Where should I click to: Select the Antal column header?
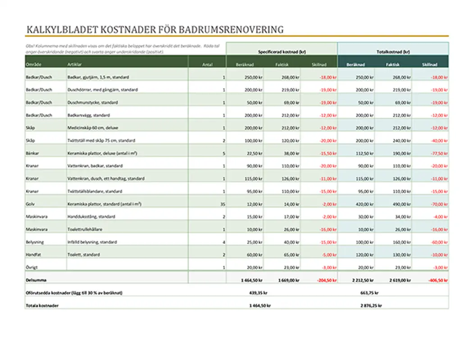click(207, 65)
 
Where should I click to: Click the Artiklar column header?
click(74, 65)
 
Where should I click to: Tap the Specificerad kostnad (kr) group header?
click(281, 52)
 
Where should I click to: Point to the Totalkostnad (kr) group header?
click(393, 52)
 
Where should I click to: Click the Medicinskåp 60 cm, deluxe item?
click(89, 128)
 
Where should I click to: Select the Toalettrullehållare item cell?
click(84, 229)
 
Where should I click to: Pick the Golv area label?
click(30, 204)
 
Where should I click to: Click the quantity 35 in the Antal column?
click(222, 204)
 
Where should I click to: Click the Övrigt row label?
click(32, 267)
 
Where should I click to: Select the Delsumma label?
click(35, 280)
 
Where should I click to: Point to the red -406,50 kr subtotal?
click(438, 280)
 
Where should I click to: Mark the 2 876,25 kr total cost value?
click(371, 306)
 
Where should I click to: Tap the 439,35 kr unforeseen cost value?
click(259, 293)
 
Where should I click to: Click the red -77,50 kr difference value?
click(440, 153)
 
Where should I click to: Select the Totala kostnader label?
click(42, 306)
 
